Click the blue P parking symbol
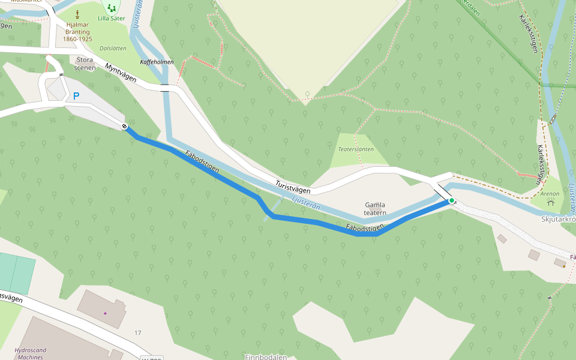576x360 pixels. (76, 96)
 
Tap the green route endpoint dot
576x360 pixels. (451, 201)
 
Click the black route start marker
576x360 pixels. (124, 126)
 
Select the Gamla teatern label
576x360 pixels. (375, 209)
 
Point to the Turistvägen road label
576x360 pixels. (295, 185)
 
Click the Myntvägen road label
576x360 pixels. (121, 74)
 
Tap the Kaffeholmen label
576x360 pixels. (157, 62)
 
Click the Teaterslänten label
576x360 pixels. (356, 149)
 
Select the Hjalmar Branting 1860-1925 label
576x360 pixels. (77, 32)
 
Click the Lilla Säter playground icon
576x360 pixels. (112, 8)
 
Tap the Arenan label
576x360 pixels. (550, 194)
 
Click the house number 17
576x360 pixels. (138, 332)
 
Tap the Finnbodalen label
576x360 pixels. (266, 356)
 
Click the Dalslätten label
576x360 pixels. (113, 47)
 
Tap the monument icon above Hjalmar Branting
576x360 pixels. (77, 13)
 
